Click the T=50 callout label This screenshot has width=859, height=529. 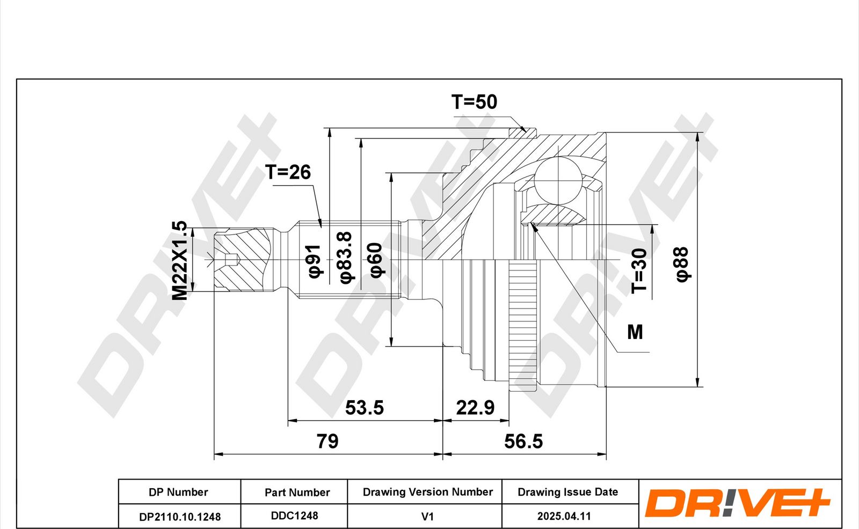(x=474, y=102)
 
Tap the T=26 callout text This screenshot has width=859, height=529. (x=288, y=172)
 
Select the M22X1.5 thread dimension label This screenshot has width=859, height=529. (x=179, y=260)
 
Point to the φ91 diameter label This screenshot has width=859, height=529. (x=314, y=261)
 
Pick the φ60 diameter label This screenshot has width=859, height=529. (x=376, y=260)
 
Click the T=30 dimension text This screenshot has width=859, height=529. (x=639, y=271)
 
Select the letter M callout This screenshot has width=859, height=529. (x=635, y=332)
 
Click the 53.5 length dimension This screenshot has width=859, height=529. (x=365, y=408)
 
